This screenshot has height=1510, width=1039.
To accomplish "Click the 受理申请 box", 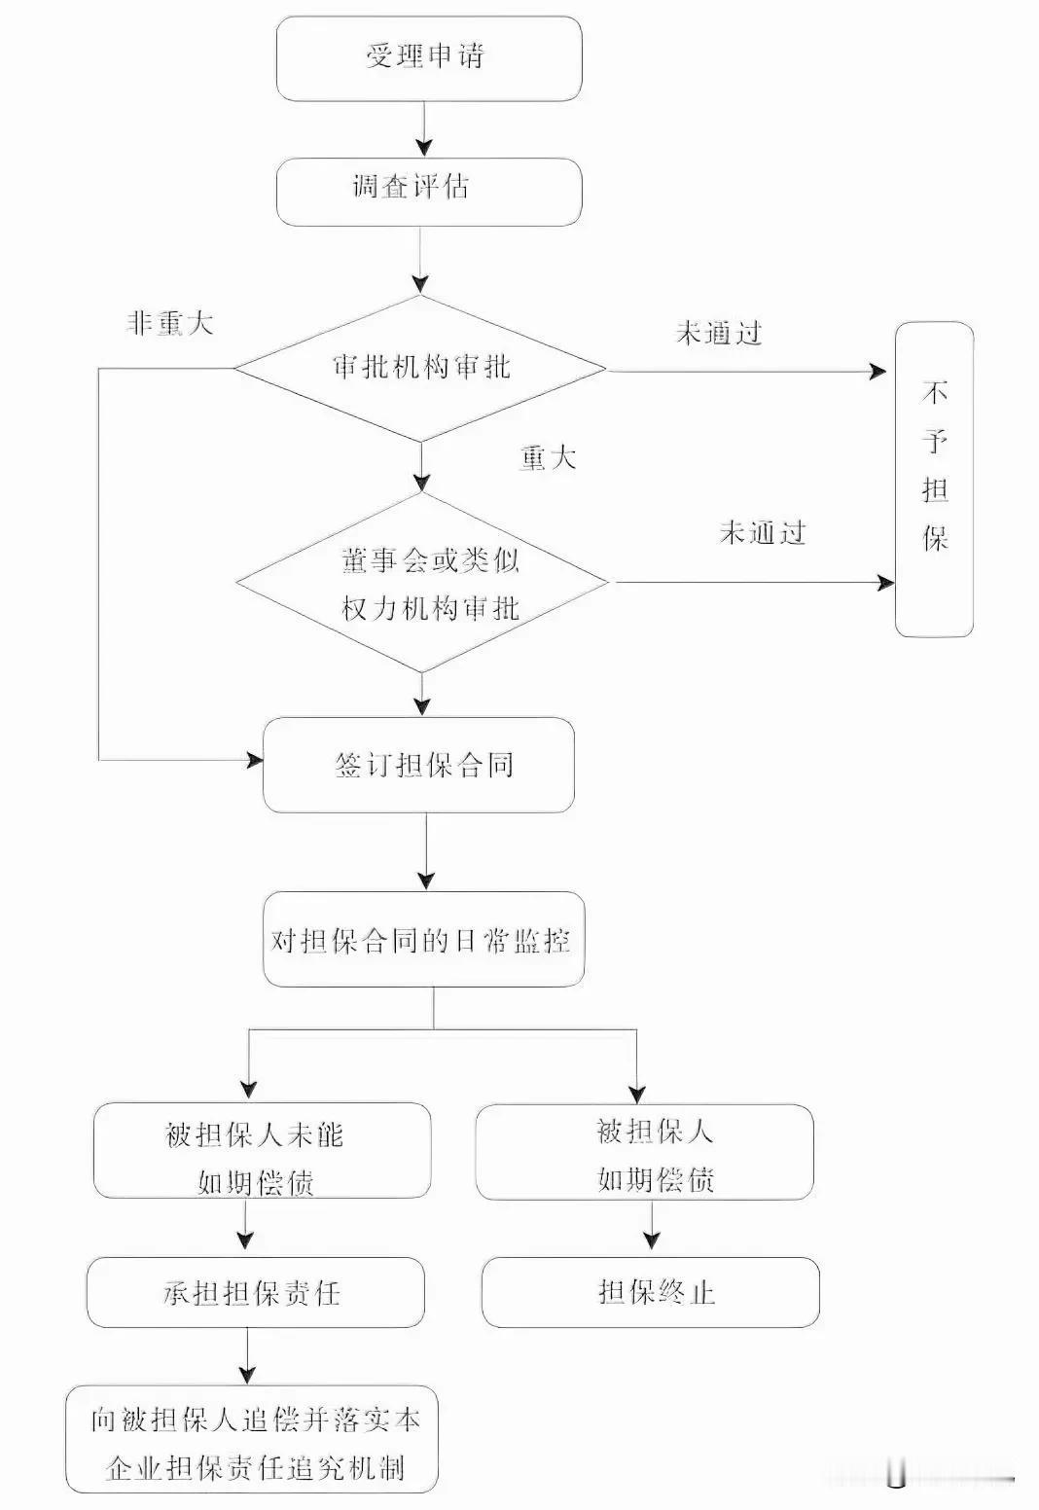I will [x=428, y=57].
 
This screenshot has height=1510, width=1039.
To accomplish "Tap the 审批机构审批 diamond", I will [x=420, y=368].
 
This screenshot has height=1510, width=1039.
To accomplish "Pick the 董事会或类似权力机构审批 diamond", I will [x=423, y=583].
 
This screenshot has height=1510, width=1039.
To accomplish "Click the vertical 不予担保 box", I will [x=934, y=479].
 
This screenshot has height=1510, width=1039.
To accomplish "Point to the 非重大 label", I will [x=169, y=324].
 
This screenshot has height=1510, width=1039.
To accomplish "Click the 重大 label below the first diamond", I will [x=548, y=457].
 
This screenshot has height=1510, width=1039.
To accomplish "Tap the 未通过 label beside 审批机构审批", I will [x=718, y=334].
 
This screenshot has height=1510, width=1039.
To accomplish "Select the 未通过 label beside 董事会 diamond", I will [x=763, y=533].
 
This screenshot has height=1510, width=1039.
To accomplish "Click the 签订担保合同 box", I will [x=419, y=765].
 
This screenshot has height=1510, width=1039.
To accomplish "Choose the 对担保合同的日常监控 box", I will [x=423, y=939].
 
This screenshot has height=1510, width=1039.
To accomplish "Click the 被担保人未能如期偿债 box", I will [x=262, y=1151].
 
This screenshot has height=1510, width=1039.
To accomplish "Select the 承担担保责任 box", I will [x=255, y=1292].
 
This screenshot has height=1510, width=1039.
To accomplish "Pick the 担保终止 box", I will [x=650, y=1292].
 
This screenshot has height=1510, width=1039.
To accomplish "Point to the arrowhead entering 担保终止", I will [x=652, y=1240].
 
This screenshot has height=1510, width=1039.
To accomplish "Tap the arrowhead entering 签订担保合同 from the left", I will [x=254, y=760].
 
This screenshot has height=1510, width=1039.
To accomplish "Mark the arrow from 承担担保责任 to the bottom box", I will [x=248, y=1356].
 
